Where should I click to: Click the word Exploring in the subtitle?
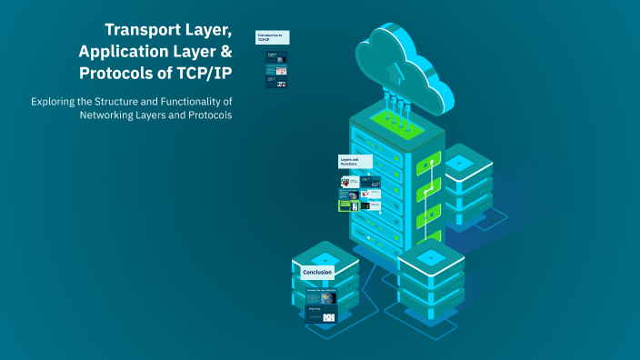pyautogui.click(x=57, y=101)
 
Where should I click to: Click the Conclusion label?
pyautogui.click(x=317, y=272)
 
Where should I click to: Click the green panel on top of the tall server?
pyautogui.click(x=396, y=120)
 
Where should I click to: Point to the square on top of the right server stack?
pyautogui.click(x=458, y=162)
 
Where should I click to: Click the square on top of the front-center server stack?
pyautogui.click(x=431, y=257)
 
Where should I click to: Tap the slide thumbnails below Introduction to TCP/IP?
pyautogui.click(x=277, y=69)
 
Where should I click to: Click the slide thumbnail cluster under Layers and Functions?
pyautogui.click(x=360, y=194)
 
